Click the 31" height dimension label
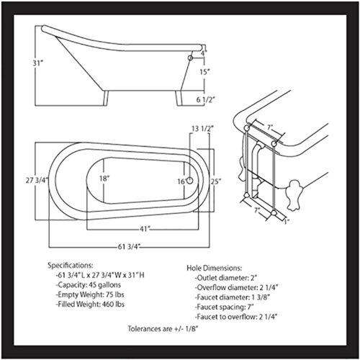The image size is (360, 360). pos(37,63)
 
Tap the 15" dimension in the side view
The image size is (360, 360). pos(204,71)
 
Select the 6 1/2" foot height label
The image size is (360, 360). pos(205,99)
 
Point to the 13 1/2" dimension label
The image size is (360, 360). pos(202,129)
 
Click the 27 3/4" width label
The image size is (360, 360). pos(37,180)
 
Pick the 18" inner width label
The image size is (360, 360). pos(104,179)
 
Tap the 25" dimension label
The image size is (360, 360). pos(216,181)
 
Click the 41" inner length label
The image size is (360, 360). pos(145,229)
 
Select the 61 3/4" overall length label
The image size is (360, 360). pos(129,246)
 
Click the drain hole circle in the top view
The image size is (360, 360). pos(189,181)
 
